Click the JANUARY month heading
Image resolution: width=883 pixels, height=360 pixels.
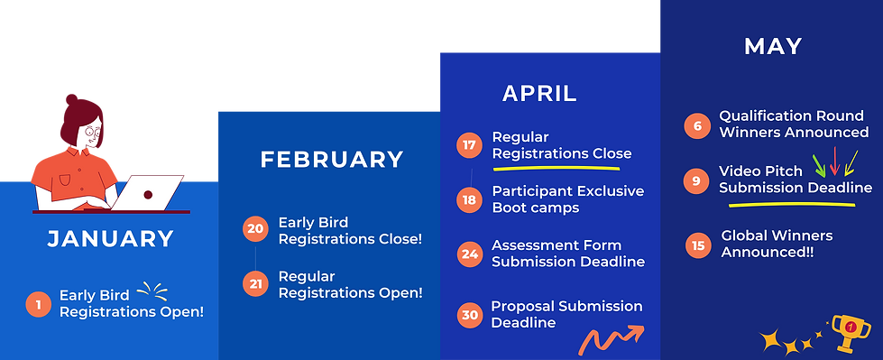click(x=110, y=239)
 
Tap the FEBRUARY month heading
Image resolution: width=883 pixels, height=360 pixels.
click(x=332, y=160)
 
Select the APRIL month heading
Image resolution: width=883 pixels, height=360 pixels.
click(x=539, y=94)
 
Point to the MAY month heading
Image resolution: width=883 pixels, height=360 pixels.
click(x=773, y=47)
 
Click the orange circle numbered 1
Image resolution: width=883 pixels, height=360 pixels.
click(x=39, y=305)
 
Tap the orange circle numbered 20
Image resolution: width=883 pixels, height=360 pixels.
click(x=255, y=229)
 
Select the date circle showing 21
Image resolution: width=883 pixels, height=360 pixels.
click(x=255, y=283)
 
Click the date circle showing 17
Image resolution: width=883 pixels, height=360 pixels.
click(x=469, y=144)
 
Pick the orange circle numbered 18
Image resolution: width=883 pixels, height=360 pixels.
click(x=469, y=199)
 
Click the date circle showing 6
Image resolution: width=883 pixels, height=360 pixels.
click(x=697, y=125)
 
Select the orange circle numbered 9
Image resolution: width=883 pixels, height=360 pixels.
click(x=696, y=180)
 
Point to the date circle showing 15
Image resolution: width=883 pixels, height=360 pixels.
click(x=698, y=245)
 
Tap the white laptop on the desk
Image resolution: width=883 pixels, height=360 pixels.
click(x=149, y=192)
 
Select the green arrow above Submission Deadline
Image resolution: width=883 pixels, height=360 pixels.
click(x=819, y=166)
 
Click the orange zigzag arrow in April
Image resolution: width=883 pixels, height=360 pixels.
click(x=611, y=339)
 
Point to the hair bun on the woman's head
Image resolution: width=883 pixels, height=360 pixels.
click(x=71, y=100)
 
